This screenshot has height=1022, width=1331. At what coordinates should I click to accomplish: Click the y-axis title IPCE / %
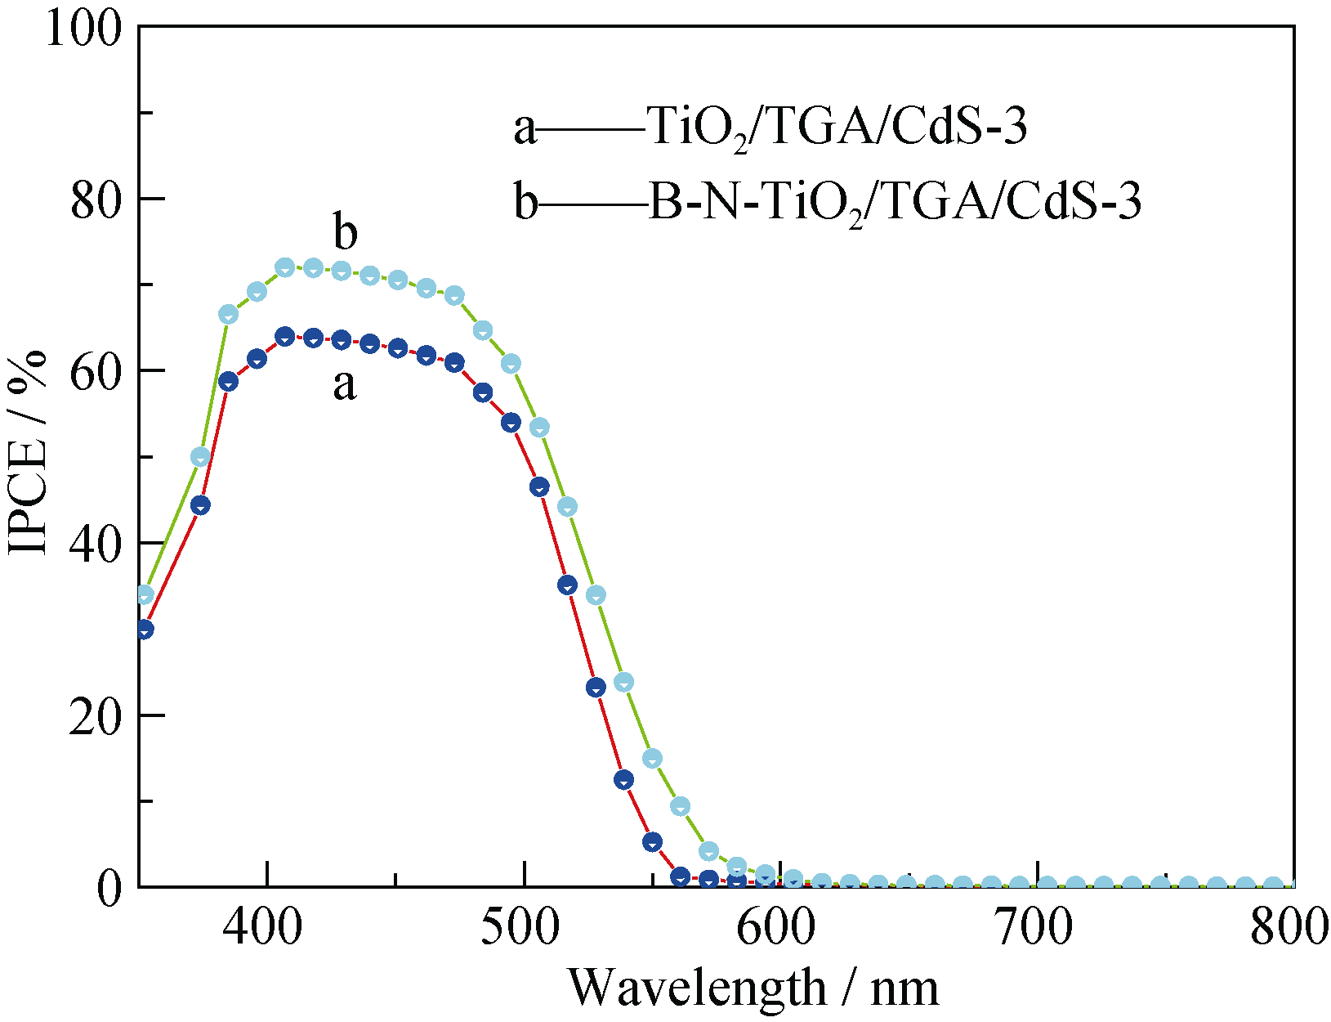(28, 455)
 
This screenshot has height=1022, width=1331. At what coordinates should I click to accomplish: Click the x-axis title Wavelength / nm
(753, 988)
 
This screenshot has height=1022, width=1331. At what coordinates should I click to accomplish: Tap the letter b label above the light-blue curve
(346, 232)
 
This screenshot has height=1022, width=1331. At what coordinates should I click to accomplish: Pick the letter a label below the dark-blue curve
(345, 384)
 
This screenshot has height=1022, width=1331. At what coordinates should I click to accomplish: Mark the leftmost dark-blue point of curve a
(145, 630)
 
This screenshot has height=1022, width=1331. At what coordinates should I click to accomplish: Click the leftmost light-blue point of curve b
(145, 594)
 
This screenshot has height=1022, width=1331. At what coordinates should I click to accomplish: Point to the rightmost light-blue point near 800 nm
(1273, 885)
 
